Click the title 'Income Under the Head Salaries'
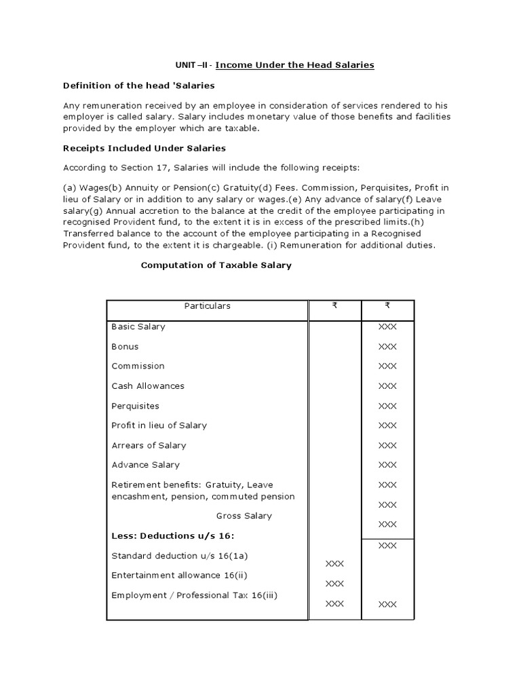[x=294, y=65]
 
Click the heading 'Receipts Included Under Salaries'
[x=144, y=148]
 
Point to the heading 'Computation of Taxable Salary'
[x=216, y=265]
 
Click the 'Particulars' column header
[x=207, y=306]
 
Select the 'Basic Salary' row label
[x=138, y=326]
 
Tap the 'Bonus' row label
[x=125, y=347]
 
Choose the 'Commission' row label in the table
[x=138, y=366]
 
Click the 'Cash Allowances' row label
[x=148, y=386]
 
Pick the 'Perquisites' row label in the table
[x=135, y=406]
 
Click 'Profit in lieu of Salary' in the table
[x=159, y=426]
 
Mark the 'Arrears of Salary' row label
[x=149, y=446]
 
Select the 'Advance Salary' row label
[x=146, y=465]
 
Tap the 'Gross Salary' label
[x=244, y=516]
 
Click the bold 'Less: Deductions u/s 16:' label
[x=162, y=536]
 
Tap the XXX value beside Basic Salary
[x=387, y=327]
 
